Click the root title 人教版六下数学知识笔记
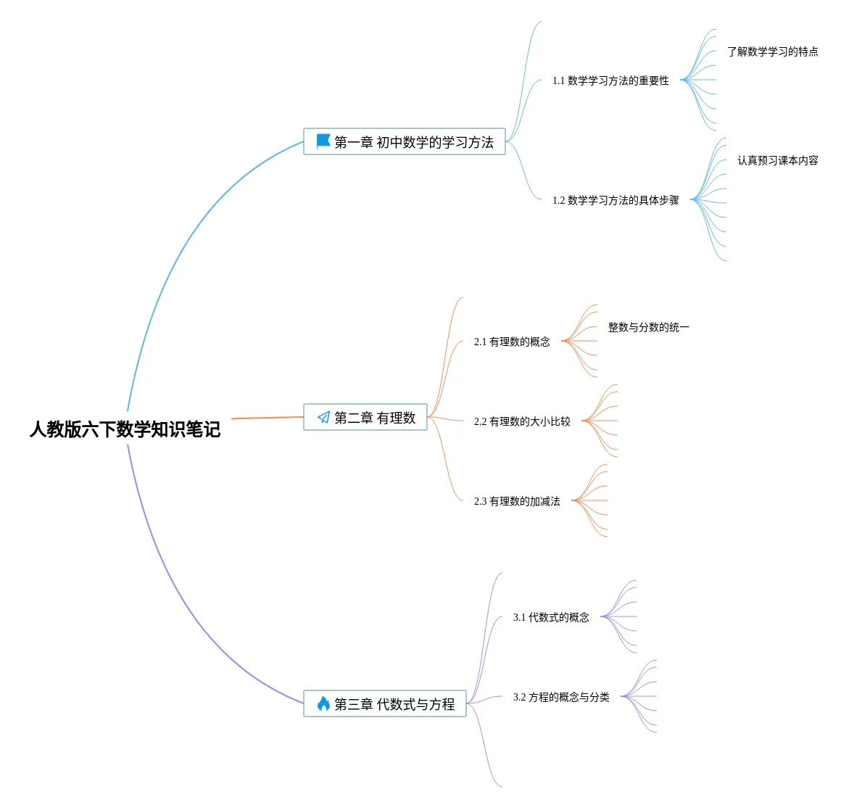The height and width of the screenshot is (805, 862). [125, 429]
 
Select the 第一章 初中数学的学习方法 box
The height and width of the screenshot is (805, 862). [404, 142]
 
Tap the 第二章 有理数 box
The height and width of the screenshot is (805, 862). [365, 417]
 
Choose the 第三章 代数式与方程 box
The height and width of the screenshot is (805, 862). [385, 703]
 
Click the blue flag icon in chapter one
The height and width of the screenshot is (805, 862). [323, 141]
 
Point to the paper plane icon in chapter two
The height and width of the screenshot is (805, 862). [324, 417]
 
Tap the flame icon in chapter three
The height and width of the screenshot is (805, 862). [324, 703]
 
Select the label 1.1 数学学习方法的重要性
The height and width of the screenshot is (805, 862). [610, 80]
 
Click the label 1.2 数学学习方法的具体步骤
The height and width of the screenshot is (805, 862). [616, 200]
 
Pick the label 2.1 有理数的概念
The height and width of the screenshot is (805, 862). [512, 342]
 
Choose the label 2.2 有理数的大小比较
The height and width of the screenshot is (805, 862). [522, 422]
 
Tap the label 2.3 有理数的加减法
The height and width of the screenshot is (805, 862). [517, 501]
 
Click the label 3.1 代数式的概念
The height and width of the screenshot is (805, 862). [551, 617]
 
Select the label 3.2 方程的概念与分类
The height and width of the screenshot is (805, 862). [561, 697]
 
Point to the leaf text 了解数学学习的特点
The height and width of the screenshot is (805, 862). [772, 51]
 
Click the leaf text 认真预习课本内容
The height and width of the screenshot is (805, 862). [777, 160]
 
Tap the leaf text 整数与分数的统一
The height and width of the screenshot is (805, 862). [648, 328]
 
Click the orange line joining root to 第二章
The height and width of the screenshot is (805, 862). [268, 418]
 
